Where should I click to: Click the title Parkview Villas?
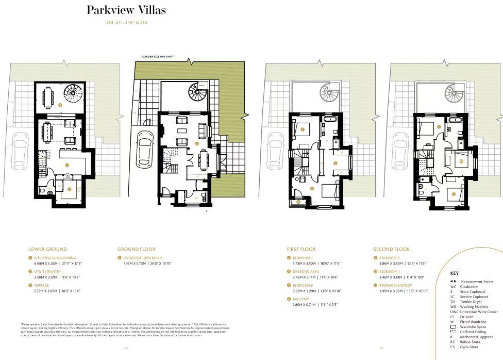click(126, 10)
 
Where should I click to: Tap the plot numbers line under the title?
click(126, 23)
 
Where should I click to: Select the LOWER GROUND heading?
click(48, 249)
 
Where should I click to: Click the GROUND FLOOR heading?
click(136, 249)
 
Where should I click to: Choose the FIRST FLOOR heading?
click(301, 249)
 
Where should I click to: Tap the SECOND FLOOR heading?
click(391, 249)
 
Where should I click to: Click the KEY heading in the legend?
click(454, 273)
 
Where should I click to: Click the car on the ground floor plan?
click(145, 149)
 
